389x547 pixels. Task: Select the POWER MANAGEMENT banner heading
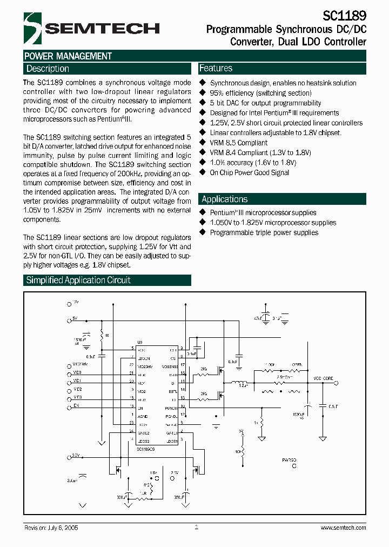click(x=68, y=56)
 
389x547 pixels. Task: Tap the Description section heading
click(x=48, y=69)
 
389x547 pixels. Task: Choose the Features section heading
click(x=216, y=68)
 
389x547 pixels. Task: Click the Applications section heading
click(x=224, y=199)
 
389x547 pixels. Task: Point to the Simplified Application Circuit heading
click(x=78, y=280)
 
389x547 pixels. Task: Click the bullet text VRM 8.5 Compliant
click(x=238, y=143)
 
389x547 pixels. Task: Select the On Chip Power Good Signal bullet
click(x=249, y=172)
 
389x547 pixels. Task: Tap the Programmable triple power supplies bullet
click(x=264, y=232)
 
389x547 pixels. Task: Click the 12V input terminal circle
click(x=69, y=305)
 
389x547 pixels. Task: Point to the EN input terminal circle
click(x=69, y=405)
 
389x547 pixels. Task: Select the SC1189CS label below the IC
click(x=146, y=449)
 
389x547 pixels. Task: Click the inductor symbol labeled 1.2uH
click(x=238, y=384)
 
